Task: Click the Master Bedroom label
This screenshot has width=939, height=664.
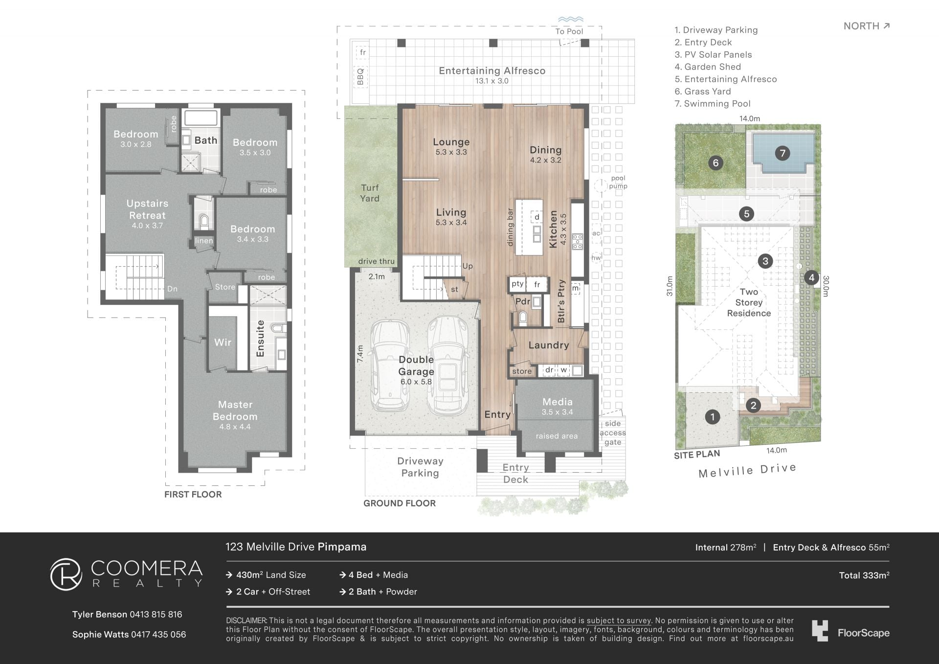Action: [235, 411]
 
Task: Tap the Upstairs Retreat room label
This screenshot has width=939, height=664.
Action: [147, 209]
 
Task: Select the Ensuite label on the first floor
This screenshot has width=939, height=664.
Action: [260, 339]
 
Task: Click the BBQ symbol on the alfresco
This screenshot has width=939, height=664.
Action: [361, 76]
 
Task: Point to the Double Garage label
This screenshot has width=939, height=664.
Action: [416, 366]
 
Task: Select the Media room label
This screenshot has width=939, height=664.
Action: [558, 402]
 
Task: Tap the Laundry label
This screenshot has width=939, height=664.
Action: [549, 345]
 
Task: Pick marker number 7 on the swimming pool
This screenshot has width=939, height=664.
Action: [782, 153]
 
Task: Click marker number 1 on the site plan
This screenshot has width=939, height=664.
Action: [713, 417]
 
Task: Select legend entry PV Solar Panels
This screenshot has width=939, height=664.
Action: [713, 55]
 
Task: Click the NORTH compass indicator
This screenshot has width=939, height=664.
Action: [867, 26]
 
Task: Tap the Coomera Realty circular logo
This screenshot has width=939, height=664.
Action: [66, 574]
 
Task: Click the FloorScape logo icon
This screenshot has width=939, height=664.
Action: [820, 631]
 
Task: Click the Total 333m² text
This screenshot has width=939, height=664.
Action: [864, 575]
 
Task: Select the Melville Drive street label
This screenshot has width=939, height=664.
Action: [747, 471]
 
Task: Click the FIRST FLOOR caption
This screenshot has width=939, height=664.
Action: [193, 495]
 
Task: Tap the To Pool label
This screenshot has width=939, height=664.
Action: [569, 31]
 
